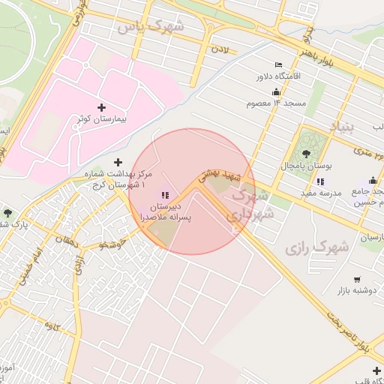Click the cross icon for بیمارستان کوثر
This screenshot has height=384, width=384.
[102, 107]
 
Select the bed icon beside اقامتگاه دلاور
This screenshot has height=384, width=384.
[279, 64]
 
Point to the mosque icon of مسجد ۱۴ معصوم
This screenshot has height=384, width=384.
[276, 91]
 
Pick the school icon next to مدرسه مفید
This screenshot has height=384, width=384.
[320, 181]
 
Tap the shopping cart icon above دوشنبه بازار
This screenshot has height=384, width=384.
[356, 279]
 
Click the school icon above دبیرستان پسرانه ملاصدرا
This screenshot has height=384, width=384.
[166, 194]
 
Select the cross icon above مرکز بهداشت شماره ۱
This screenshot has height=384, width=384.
[117, 162]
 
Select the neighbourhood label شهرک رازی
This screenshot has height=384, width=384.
[317, 245]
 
